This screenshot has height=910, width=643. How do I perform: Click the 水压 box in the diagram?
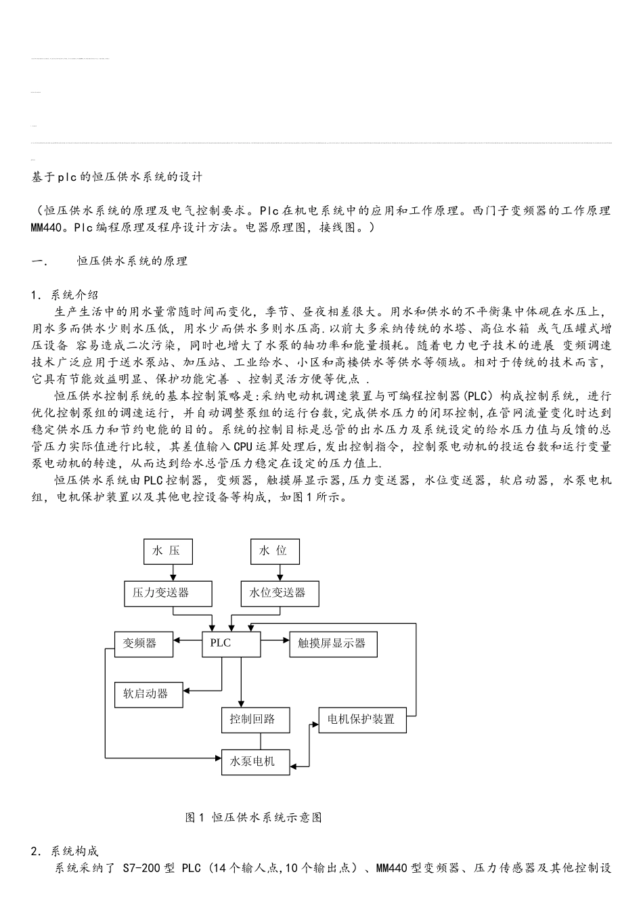tap(167, 551)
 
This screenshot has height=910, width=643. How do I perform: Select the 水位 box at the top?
tap(273, 551)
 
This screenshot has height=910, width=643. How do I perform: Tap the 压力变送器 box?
tap(168, 593)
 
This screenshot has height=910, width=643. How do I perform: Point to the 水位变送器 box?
tap(280, 593)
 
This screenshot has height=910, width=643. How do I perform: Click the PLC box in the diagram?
tap(231, 644)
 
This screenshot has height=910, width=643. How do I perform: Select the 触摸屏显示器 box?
tap(333, 644)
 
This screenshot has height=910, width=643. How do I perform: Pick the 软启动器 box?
tap(148, 695)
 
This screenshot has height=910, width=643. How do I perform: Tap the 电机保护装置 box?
tap(362, 720)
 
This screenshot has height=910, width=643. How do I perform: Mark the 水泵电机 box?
tap(257, 762)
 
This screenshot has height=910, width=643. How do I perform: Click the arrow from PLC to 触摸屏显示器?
tap(275, 639)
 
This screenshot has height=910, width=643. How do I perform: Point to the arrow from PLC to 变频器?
tap(188, 639)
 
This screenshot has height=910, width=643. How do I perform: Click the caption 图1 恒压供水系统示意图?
tap(253, 817)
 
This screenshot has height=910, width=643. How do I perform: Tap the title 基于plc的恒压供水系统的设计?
tap(116, 177)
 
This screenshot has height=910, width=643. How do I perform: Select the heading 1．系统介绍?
tap(65, 295)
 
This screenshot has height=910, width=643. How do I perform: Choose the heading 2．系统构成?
tap(65, 851)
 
